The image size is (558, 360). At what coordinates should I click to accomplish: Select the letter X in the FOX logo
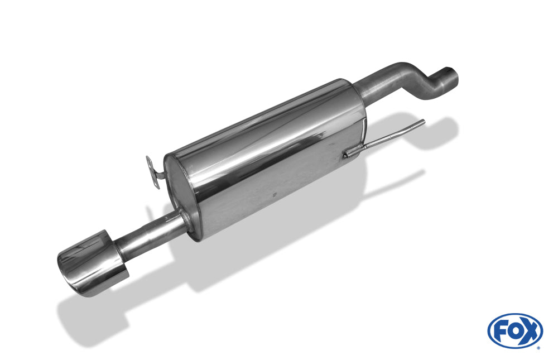coord(530,331)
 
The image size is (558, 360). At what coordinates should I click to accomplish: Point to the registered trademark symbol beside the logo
coord(538,348)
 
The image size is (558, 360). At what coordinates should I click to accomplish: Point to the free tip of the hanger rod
coord(424,122)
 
